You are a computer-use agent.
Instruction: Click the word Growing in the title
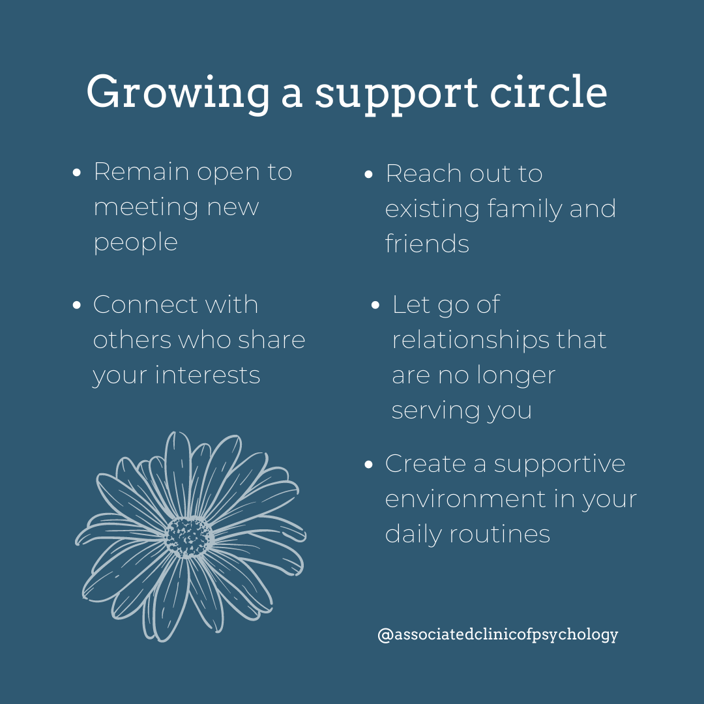(x=177, y=93)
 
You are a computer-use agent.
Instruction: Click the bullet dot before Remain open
(x=77, y=173)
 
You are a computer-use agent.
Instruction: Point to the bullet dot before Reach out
(x=368, y=175)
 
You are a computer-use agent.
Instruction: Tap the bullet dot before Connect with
(x=77, y=306)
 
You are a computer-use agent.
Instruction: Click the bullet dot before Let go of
(x=375, y=306)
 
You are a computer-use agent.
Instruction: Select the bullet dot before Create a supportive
(x=368, y=465)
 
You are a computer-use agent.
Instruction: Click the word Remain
(x=141, y=172)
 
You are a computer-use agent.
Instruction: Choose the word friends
(x=427, y=244)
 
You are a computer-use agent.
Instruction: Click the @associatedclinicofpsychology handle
(x=497, y=634)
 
